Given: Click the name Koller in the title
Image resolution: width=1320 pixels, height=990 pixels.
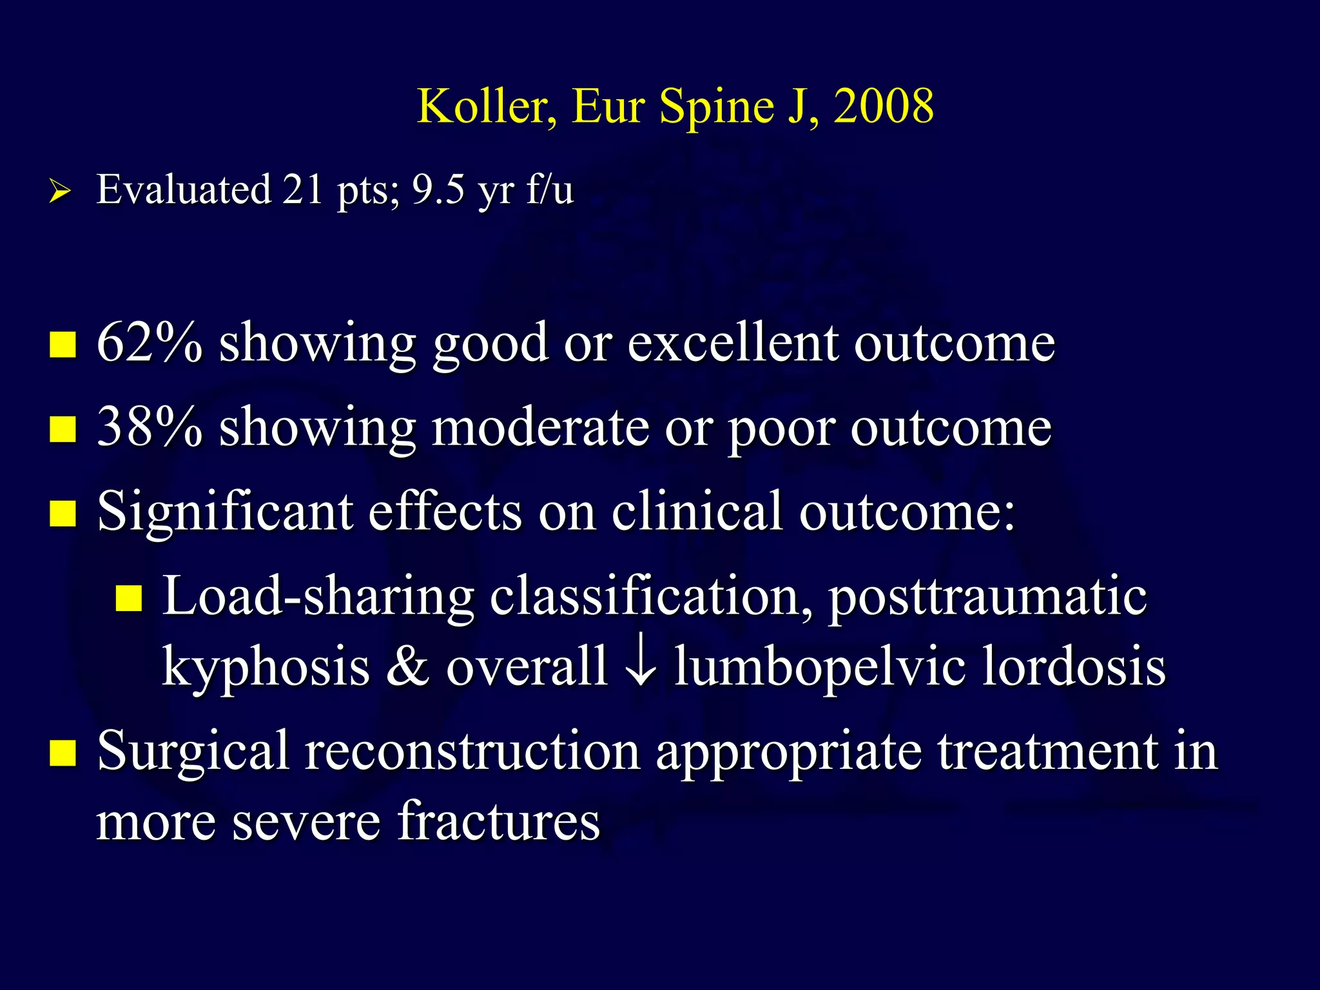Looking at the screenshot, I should click(x=487, y=106).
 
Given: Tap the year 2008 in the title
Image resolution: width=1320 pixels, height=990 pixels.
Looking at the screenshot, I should click(x=884, y=106).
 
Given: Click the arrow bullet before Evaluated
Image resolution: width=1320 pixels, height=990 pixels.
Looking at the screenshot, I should click(x=59, y=191).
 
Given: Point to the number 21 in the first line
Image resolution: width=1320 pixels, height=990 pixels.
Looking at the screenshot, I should click(x=302, y=189).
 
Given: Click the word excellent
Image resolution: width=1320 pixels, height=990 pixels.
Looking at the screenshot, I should click(x=733, y=342).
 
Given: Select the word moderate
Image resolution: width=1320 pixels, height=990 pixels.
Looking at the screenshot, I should click(x=540, y=427).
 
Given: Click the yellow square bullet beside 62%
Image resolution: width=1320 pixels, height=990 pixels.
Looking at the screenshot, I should click(x=63, y=344).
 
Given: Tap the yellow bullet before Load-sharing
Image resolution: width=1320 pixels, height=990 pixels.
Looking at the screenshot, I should click(x=128, y=598).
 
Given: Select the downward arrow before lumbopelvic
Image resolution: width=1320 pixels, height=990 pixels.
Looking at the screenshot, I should click(x=641, y=665).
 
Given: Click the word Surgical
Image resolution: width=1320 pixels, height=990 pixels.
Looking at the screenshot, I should click(x=193, y=752).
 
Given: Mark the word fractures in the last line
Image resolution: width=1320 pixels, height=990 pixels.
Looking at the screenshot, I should click(x=498, y=821).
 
